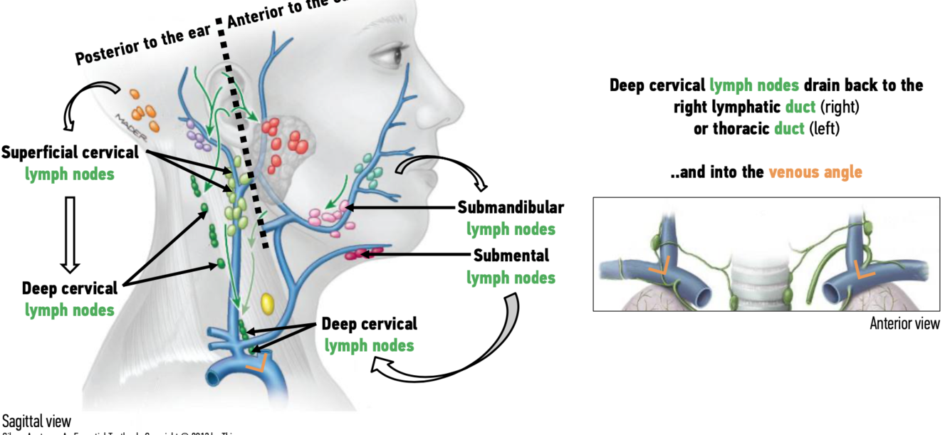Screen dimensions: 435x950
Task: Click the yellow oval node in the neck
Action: (267, 303)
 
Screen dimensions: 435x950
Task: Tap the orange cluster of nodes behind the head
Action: (143, 110)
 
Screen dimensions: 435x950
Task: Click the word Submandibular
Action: (511, 208)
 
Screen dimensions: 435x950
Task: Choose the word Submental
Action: (511, 255)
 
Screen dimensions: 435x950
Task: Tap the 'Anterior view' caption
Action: (904, 323)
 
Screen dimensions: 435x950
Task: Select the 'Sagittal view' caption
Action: (36, 421)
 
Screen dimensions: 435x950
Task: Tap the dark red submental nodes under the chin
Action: (360, 253)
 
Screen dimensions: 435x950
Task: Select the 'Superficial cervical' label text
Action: (70, 152)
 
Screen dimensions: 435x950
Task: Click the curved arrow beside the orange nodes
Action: (83, 103)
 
